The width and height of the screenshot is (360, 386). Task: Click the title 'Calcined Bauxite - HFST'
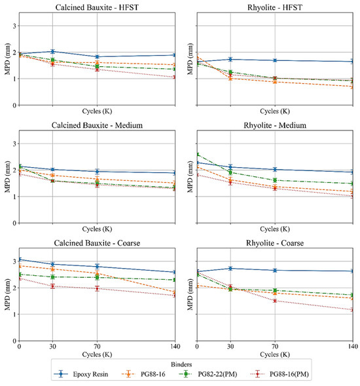click(97, 8)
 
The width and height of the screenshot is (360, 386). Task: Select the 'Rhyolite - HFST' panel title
click(275, 8)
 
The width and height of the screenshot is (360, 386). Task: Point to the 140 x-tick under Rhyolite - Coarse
click(352, 347)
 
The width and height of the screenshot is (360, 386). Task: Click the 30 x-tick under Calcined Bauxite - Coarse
click(52, 347)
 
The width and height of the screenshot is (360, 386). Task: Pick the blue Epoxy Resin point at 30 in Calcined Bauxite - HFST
click(52, 51)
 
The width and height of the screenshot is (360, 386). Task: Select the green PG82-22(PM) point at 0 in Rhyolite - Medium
click(198, 155)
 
